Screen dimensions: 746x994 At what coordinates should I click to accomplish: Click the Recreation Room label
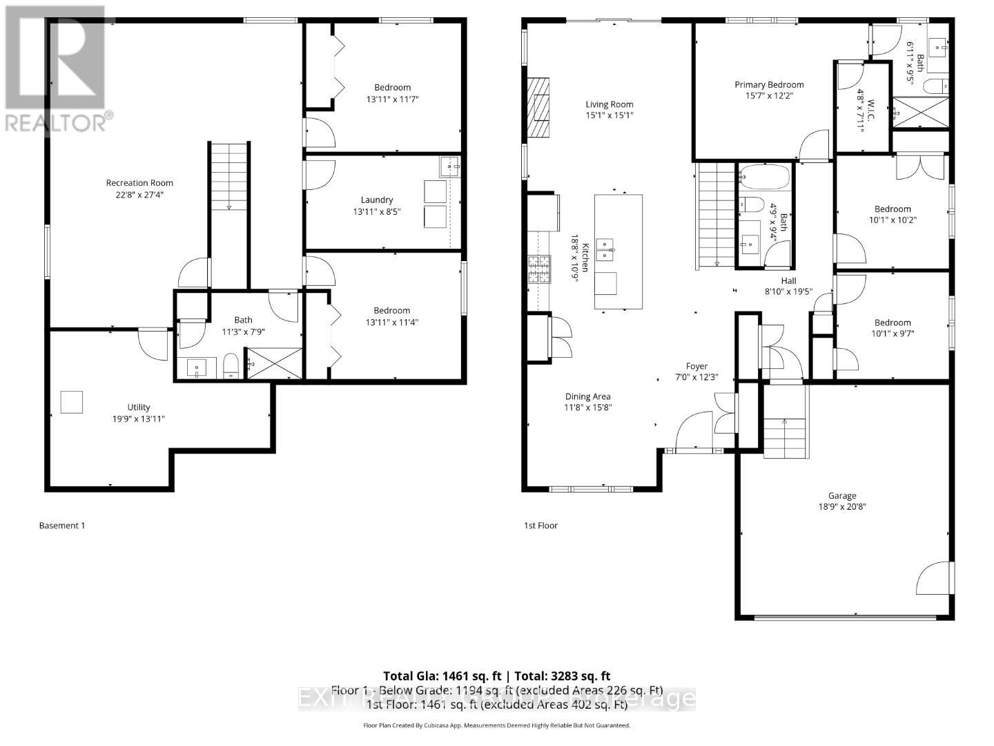click(139, 183)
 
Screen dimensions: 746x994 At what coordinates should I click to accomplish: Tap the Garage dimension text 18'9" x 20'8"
click(842, 506)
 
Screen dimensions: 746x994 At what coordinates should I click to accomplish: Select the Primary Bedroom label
click(769, 85)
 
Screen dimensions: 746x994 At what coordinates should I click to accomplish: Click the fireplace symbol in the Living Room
click(540, 108)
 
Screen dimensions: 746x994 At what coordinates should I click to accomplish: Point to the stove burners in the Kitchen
click(540, 269)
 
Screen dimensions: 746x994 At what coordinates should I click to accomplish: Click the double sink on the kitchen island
click(605, 249)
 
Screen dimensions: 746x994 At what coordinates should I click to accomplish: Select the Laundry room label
click(377, 200)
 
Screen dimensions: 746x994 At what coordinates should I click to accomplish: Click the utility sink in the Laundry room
click(450, 166)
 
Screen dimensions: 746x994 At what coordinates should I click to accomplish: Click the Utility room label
click(139, 408)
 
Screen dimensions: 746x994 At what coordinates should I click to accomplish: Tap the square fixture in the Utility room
click(72, 402)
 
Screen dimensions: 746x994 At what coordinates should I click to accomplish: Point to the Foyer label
click(696, 366)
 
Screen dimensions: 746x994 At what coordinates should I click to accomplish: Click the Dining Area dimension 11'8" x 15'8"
click(588, 408)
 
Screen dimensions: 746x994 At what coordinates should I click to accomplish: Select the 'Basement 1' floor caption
click(62, 526)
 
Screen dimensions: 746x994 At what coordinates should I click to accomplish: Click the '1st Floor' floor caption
click(540, 526)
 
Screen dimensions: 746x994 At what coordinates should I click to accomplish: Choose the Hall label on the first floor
click(788, 280)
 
